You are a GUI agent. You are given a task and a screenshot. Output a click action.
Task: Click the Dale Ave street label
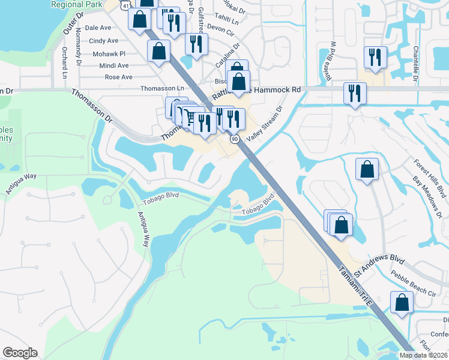(x=98, y=28)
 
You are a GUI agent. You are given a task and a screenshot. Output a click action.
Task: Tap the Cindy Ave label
(x=104, y=41)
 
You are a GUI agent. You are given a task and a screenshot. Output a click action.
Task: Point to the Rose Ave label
(x=118, y=77)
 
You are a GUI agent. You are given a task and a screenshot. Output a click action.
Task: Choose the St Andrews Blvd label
(x=379, y=264)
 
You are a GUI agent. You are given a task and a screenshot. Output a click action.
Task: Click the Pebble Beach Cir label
(x=413, y=283)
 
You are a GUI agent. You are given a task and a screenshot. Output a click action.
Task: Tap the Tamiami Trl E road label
(x=357, y=286)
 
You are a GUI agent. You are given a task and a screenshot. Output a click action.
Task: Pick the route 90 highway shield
(x=234, y=139)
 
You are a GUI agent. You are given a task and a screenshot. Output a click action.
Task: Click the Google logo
(x=20, y=353)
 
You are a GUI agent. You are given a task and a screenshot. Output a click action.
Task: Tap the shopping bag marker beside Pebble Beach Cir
(x=401, y=302)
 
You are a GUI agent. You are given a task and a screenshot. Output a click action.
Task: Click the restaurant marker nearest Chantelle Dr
(x=374, y=58)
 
